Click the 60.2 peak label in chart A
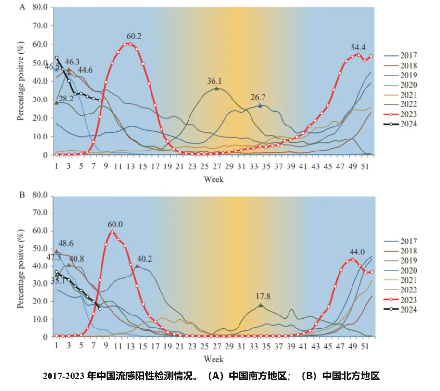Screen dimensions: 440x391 [134, 36]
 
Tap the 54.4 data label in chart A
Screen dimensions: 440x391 [358, 48]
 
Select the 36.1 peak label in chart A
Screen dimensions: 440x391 [214, 81]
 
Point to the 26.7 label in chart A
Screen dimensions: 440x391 [258, 97]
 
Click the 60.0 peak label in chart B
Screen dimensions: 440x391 [115, 224]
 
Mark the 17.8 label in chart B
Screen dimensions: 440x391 [263, 296]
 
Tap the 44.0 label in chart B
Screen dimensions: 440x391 [357, 252]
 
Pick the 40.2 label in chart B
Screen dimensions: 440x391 [144, 259]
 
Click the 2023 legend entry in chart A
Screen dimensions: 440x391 [401, 114]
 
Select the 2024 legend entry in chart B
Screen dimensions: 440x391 [401, 310]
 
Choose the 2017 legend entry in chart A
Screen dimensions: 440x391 [401, 56]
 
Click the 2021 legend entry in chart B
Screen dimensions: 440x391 [401, 280]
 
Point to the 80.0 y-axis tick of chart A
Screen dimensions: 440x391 [40, 7]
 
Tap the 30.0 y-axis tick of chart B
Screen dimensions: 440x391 [40, 283]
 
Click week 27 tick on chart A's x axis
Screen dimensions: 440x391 [216, 166]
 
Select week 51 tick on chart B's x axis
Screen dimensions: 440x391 [365, 346]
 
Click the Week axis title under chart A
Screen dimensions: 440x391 [214, 179]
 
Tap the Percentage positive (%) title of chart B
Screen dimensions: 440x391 [21, 269]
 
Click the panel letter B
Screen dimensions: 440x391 [22, 194]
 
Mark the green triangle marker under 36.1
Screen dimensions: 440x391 [216, 88]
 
